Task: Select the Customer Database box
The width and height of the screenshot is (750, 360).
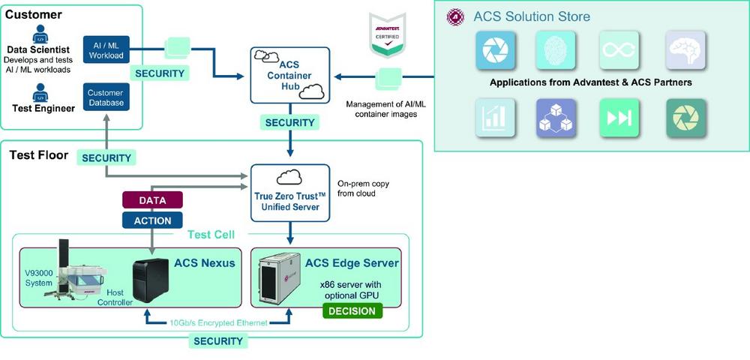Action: pyautogui.click(x=106, y=97)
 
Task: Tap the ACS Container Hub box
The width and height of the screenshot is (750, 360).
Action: pyautogui.click(x=289, y=75)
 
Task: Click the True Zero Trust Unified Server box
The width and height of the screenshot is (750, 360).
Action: pyautogui.click(x=290, y=193)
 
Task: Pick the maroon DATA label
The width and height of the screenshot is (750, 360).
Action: pyautogui.click(x=152, y=200)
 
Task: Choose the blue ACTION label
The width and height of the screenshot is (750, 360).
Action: pyautogui.click(x=152, y=220)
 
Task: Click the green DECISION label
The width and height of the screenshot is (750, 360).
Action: pyautogui.click(x=352, y=310)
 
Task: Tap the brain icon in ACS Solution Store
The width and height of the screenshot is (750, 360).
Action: pyautogui.click(x=685, y=50)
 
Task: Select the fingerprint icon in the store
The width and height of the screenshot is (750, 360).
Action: pyautogui.click(x=556, y=50)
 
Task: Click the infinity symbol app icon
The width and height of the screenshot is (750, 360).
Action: pyautogui.click(x=619, y=50)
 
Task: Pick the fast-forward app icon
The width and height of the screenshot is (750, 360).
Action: pyautogui.click(x=619, y=118)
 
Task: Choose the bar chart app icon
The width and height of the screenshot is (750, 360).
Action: pyautogui.click(x=495, y=118)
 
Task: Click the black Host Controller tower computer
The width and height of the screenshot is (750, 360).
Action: pyautogui.click(x=151, y=280)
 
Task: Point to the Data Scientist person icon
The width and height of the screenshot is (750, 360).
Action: pyautogui.click(x=40, y=34)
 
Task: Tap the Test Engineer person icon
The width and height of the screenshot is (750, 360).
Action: pyautogui.click(x=40, y=93)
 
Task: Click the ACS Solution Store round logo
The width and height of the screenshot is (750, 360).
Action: pyautogui.click(x=455, y=17)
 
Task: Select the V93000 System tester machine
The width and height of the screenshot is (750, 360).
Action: pyautogui.click(x=79, y=271)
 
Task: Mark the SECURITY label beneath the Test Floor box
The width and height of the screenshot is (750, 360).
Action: pyautogui.click(x=218, y=341)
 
